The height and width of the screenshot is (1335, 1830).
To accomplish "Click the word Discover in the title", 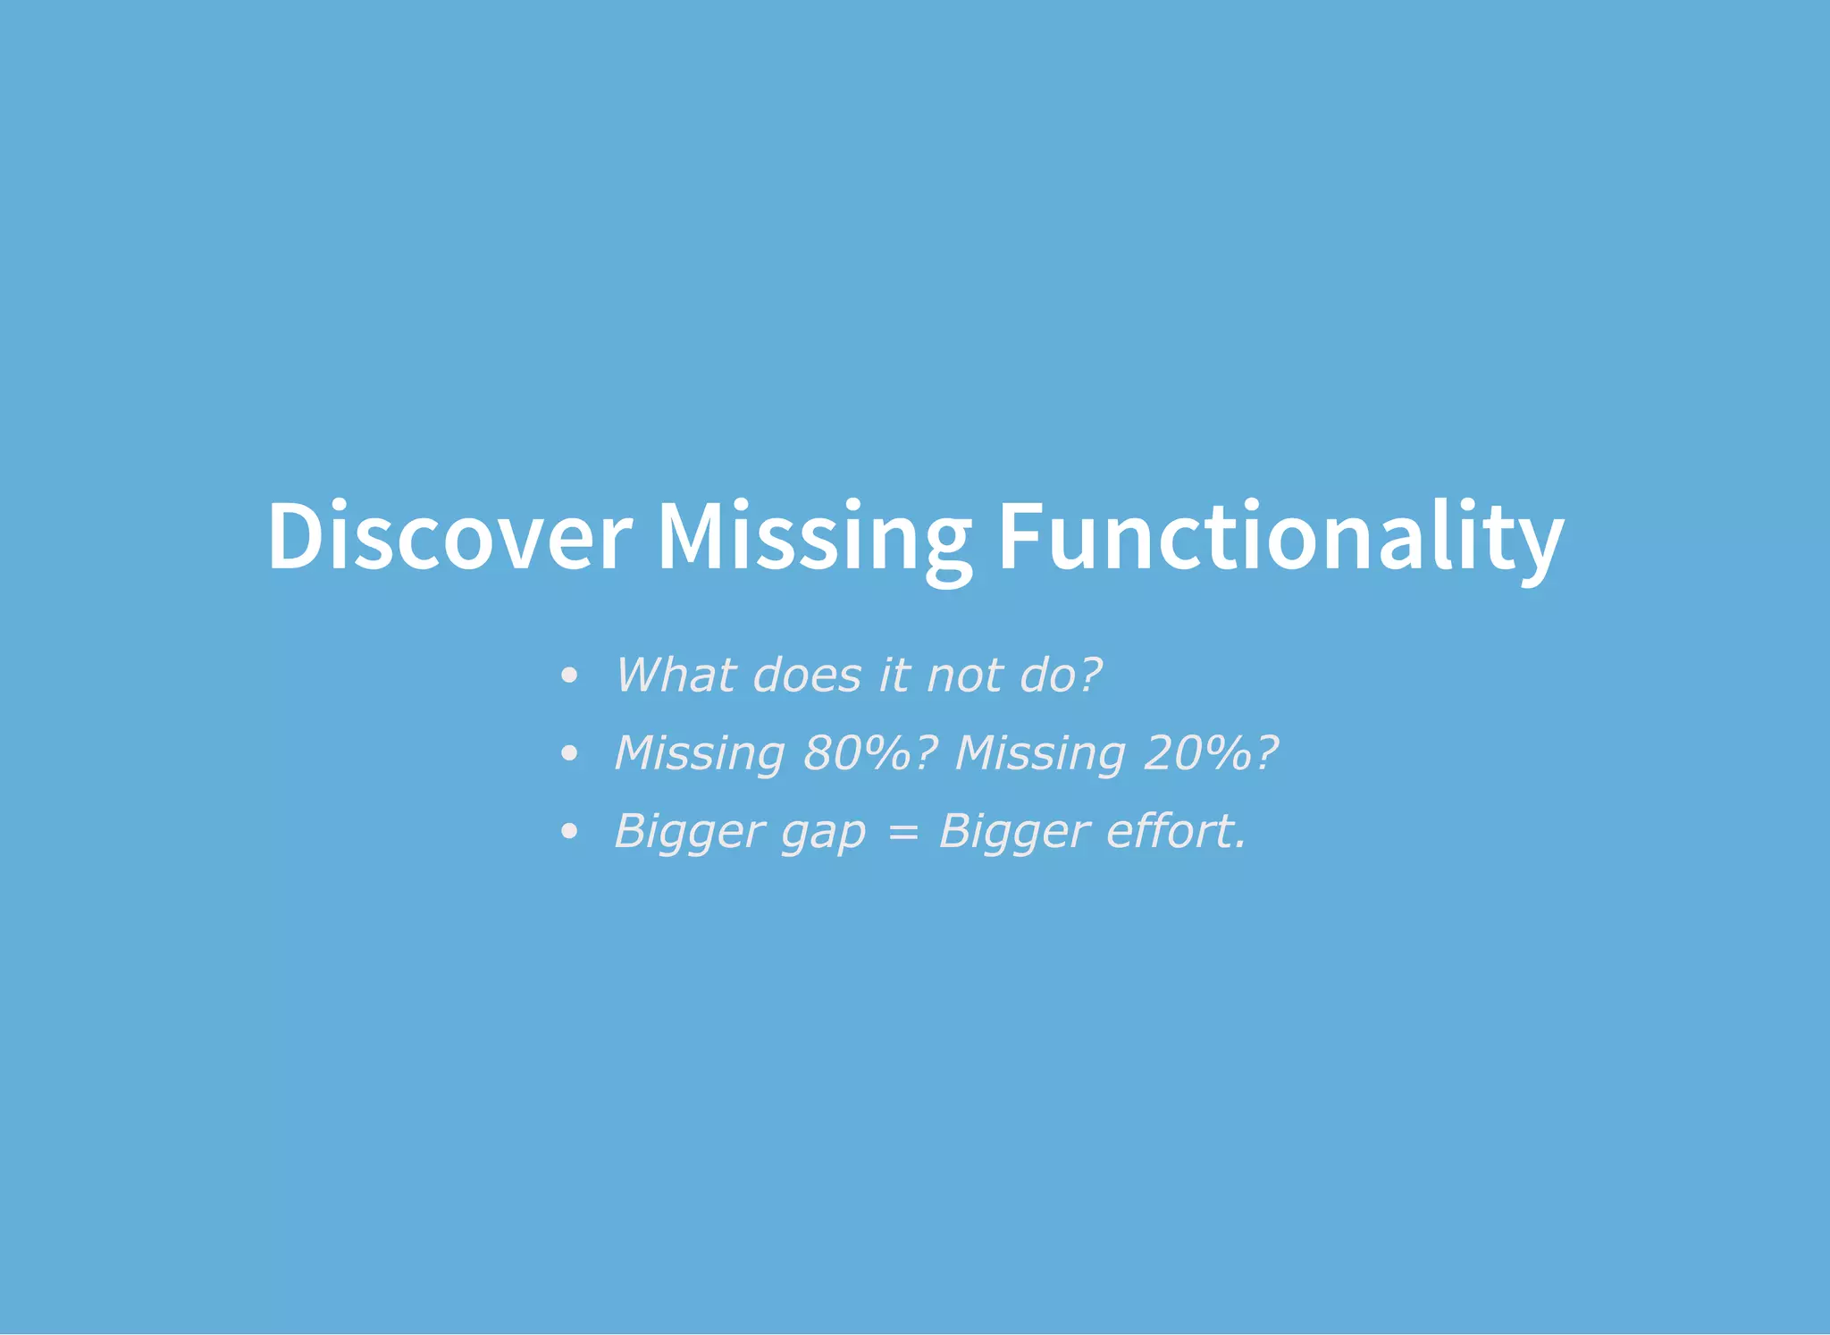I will (449, 536).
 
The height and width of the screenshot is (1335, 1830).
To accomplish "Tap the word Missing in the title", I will (814, 536).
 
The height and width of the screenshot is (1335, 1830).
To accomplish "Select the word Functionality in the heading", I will (1280, 536).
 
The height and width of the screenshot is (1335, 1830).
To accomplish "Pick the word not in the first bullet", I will (965, 675).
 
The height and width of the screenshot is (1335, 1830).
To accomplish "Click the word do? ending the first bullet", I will (1062, 675).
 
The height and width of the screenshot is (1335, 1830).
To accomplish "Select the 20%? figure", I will (1212, 752).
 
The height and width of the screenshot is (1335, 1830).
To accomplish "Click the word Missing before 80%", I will (700, 752).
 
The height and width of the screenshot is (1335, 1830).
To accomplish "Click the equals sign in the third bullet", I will (902, 833).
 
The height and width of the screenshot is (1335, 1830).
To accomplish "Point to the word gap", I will (824, 833).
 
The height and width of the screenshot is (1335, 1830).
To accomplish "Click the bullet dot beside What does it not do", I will (569, 676).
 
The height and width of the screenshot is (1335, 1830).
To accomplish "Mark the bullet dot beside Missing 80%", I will (569, 753).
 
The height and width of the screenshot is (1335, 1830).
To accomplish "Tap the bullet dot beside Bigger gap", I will (569, 832).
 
